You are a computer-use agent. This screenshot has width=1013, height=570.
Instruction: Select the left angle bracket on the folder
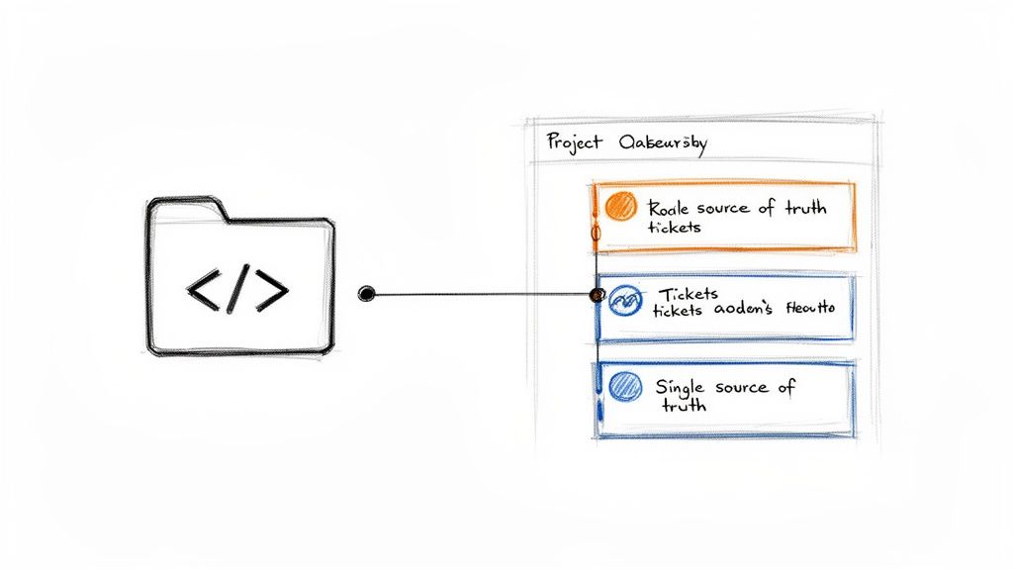pos(204,289)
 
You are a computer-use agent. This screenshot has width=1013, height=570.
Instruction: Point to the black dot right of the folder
pos(367,293)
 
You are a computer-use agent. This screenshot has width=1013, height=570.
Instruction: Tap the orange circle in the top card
pos(620,207)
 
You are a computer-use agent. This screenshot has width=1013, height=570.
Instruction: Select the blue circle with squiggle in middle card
pos(625,301)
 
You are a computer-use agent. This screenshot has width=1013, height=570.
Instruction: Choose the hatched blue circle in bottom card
pos(624,387)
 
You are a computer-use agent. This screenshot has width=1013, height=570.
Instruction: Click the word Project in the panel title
pos(575,142)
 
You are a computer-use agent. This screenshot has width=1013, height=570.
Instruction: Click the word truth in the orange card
pos(805,208)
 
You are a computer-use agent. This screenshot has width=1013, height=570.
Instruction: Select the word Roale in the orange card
pos(670,208)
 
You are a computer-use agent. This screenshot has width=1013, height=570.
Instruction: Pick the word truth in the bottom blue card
pos(681,405)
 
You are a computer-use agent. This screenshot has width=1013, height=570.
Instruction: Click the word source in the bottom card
pos(741,387)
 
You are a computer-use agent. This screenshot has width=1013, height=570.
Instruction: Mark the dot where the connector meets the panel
pos(597,294)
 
